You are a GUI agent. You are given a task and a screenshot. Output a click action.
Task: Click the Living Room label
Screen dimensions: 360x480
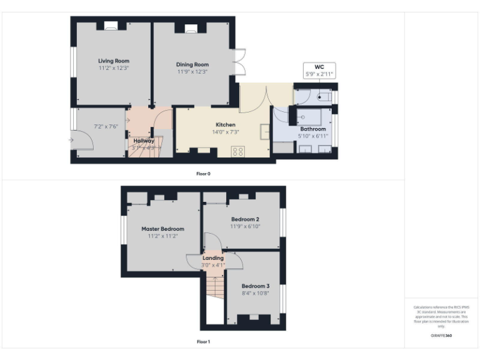point(113,61)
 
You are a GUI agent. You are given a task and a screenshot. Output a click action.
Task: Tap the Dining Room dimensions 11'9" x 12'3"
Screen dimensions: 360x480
point(192,71)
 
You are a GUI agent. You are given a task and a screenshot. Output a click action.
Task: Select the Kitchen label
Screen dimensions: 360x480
point(225,124)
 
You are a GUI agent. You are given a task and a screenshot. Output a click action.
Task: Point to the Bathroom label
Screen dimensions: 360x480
point(313,129)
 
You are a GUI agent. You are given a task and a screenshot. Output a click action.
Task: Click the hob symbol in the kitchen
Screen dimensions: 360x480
point(238,151)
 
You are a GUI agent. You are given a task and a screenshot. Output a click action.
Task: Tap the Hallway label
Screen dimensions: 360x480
point(144,141)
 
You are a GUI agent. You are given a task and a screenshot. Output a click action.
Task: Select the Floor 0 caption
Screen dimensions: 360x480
point(204,173)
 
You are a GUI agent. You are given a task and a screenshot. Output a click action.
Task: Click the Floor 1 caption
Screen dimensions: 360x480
point(204,342)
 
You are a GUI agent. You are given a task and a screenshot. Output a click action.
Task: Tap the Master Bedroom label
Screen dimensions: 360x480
point(163,229)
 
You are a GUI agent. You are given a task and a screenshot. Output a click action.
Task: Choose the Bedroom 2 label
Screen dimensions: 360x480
point(245,219)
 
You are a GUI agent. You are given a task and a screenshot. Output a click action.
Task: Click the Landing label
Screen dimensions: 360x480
point(213,257)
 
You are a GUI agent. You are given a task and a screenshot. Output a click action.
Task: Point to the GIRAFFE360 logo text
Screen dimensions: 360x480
point(441,336)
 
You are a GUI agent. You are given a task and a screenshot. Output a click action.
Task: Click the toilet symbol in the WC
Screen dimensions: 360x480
point(324,97)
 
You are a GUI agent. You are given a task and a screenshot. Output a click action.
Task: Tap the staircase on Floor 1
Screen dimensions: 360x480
point(214,288)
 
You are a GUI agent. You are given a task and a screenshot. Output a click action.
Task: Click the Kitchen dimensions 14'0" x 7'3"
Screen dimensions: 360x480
point(225,132)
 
